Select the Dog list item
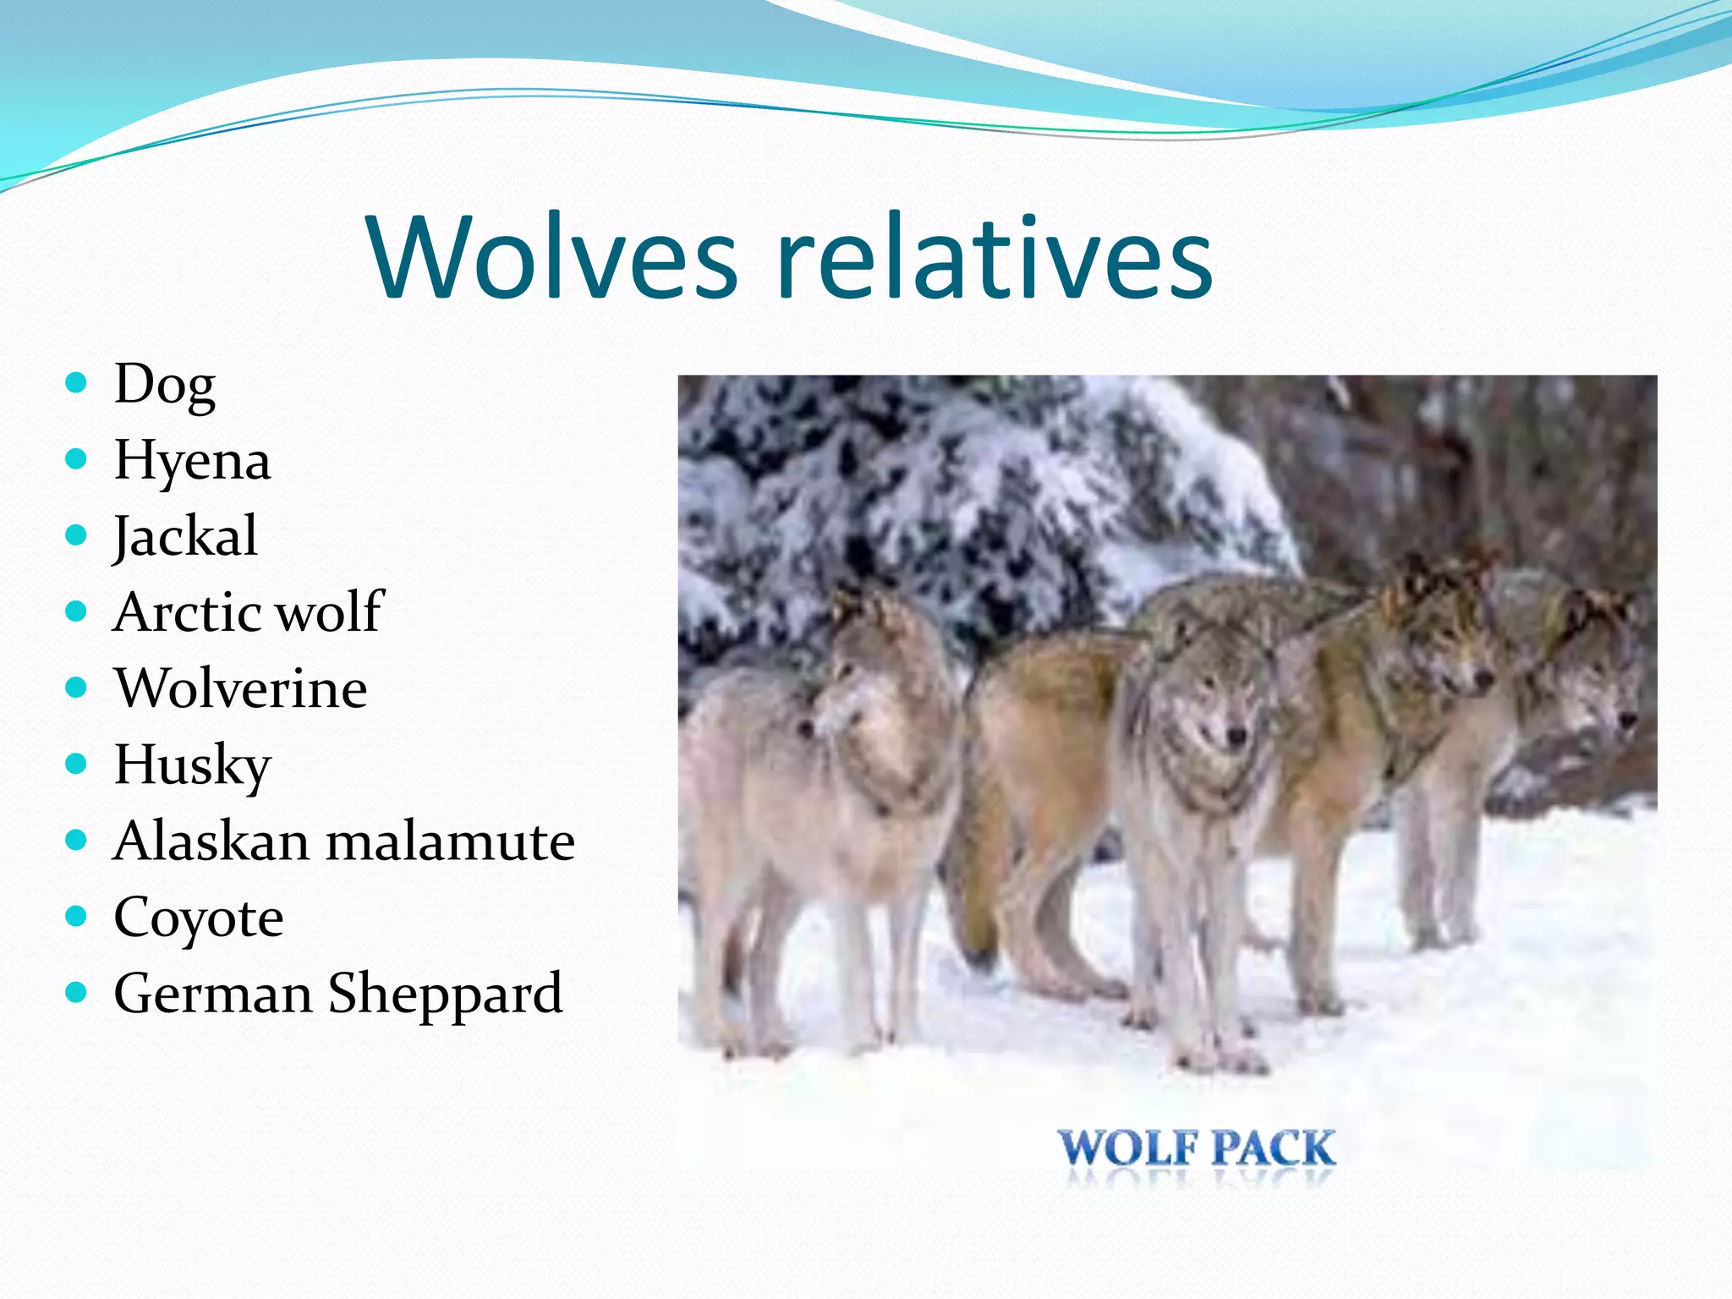pos(164,386)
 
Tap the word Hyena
pos(192,462)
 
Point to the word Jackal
pos(185,536)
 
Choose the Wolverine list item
pos(241,688)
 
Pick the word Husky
pos(192,765)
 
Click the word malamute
pos(450,841)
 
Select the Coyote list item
pos(198,918)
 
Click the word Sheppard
pos(445,994)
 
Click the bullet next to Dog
pos(76,383)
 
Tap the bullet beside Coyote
pos(76,916)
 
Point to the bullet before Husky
pos(76,764)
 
